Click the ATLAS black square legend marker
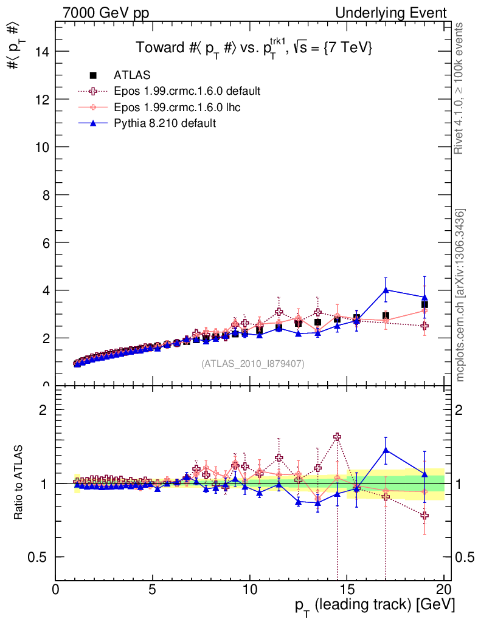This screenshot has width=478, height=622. pos(93,75)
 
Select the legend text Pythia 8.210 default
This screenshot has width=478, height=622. pos(165,123)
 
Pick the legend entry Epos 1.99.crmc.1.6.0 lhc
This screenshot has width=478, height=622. pos(179,108)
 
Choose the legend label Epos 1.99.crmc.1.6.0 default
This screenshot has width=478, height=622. pos(187,91)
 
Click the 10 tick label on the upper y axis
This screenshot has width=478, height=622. pos(42,147)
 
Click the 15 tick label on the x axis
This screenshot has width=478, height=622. pos(347,590)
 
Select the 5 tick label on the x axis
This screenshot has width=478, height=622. pos(153,590)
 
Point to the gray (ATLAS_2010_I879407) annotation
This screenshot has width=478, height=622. pos(253,363)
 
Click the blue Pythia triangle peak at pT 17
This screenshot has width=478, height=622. pos(386,290)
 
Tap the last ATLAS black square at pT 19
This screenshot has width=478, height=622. pos(424,304)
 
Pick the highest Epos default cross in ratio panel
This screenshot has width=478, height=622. pos(337,437)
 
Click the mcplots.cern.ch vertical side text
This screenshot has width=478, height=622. pos(460,295)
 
